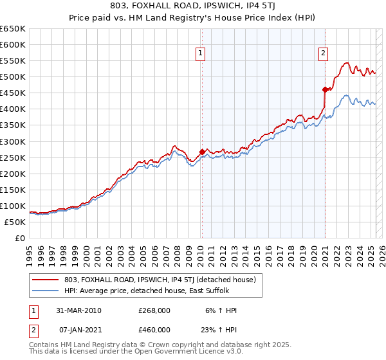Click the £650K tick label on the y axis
pyautogui.click(x=13, y=29)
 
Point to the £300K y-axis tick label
pyautogui.click(x=13, y=141)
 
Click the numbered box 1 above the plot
pyautogui.click(x=201, y=54)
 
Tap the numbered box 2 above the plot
pyautogui.click(x=323, y=54)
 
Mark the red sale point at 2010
pyautogui.click(x=202, y=152)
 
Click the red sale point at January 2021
pyautogui.click(x=325, y=89)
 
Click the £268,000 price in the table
pyautogui.click(x=154, y=310)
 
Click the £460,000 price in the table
pyautogui.click(x=154, y=329)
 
